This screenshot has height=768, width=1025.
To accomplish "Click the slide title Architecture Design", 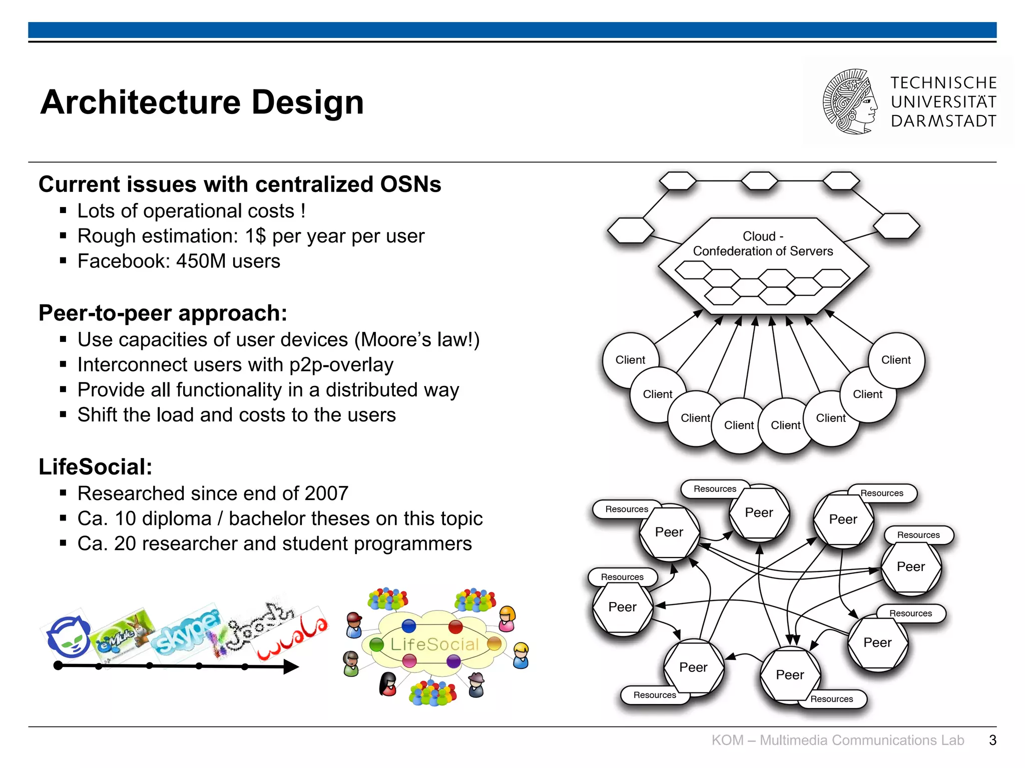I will (x=202, y=102).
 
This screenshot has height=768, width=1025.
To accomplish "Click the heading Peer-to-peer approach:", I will (x=163, y=313).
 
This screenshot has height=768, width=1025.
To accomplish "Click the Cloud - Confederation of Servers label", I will (x=763, y=243).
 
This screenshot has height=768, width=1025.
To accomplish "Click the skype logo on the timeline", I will (x=186, y=631).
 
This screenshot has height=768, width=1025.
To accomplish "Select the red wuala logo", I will (x=292, y=632).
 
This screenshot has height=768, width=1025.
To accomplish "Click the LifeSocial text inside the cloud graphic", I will (x=434, y=644).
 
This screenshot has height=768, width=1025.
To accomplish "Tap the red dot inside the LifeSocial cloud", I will (x=455, y=626).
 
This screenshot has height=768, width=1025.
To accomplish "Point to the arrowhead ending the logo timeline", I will (x=291, y=666).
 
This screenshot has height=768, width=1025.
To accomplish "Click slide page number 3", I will (x=992, y=740).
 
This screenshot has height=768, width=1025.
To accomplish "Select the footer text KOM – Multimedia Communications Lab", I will (x=837, y=740).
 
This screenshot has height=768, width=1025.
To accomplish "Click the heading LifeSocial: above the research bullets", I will (x=96, y=467).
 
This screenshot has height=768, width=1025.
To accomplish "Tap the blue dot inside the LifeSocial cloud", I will (x=409, y=625).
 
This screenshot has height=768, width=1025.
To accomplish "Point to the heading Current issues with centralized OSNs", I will (x=240, y=184).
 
